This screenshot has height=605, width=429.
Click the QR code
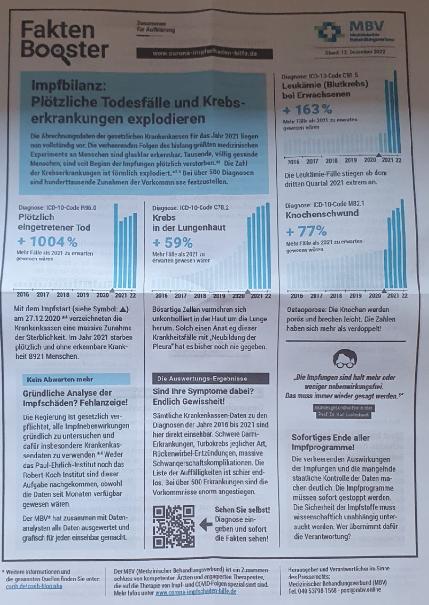(174, 526)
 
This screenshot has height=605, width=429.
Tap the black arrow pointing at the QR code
(206, 524)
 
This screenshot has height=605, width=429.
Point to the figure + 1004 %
(47, 242)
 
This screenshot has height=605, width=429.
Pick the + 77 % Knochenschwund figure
(306, 232)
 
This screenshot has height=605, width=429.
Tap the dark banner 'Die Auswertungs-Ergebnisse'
(211, 379)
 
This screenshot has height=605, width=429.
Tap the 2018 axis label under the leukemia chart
(331, 161)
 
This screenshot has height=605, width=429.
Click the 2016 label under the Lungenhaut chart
(161, 296)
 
